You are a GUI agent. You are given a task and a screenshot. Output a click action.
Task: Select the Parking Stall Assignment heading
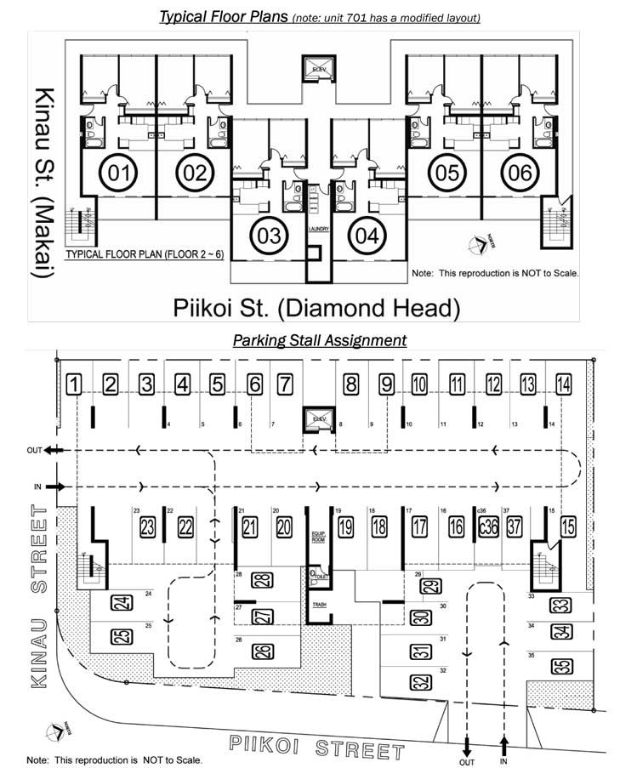click(320, 340)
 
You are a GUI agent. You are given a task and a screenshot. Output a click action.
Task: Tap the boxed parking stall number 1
click(75, 384)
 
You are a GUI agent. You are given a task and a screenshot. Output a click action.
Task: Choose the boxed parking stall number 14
click(562, 384)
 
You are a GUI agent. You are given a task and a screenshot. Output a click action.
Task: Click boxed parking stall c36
click(487, 527)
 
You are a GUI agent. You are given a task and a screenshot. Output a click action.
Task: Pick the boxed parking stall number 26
click(263, 651)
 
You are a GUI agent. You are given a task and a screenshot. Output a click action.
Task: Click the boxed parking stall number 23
click(147, 527)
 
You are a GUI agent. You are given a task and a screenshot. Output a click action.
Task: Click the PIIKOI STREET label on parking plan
click(316, 748)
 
